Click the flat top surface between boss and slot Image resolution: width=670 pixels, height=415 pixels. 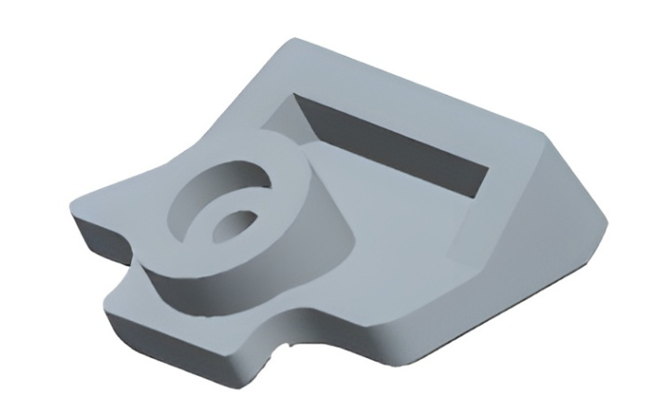(391, 233)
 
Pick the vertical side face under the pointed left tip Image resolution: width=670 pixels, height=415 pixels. (98, 237)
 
